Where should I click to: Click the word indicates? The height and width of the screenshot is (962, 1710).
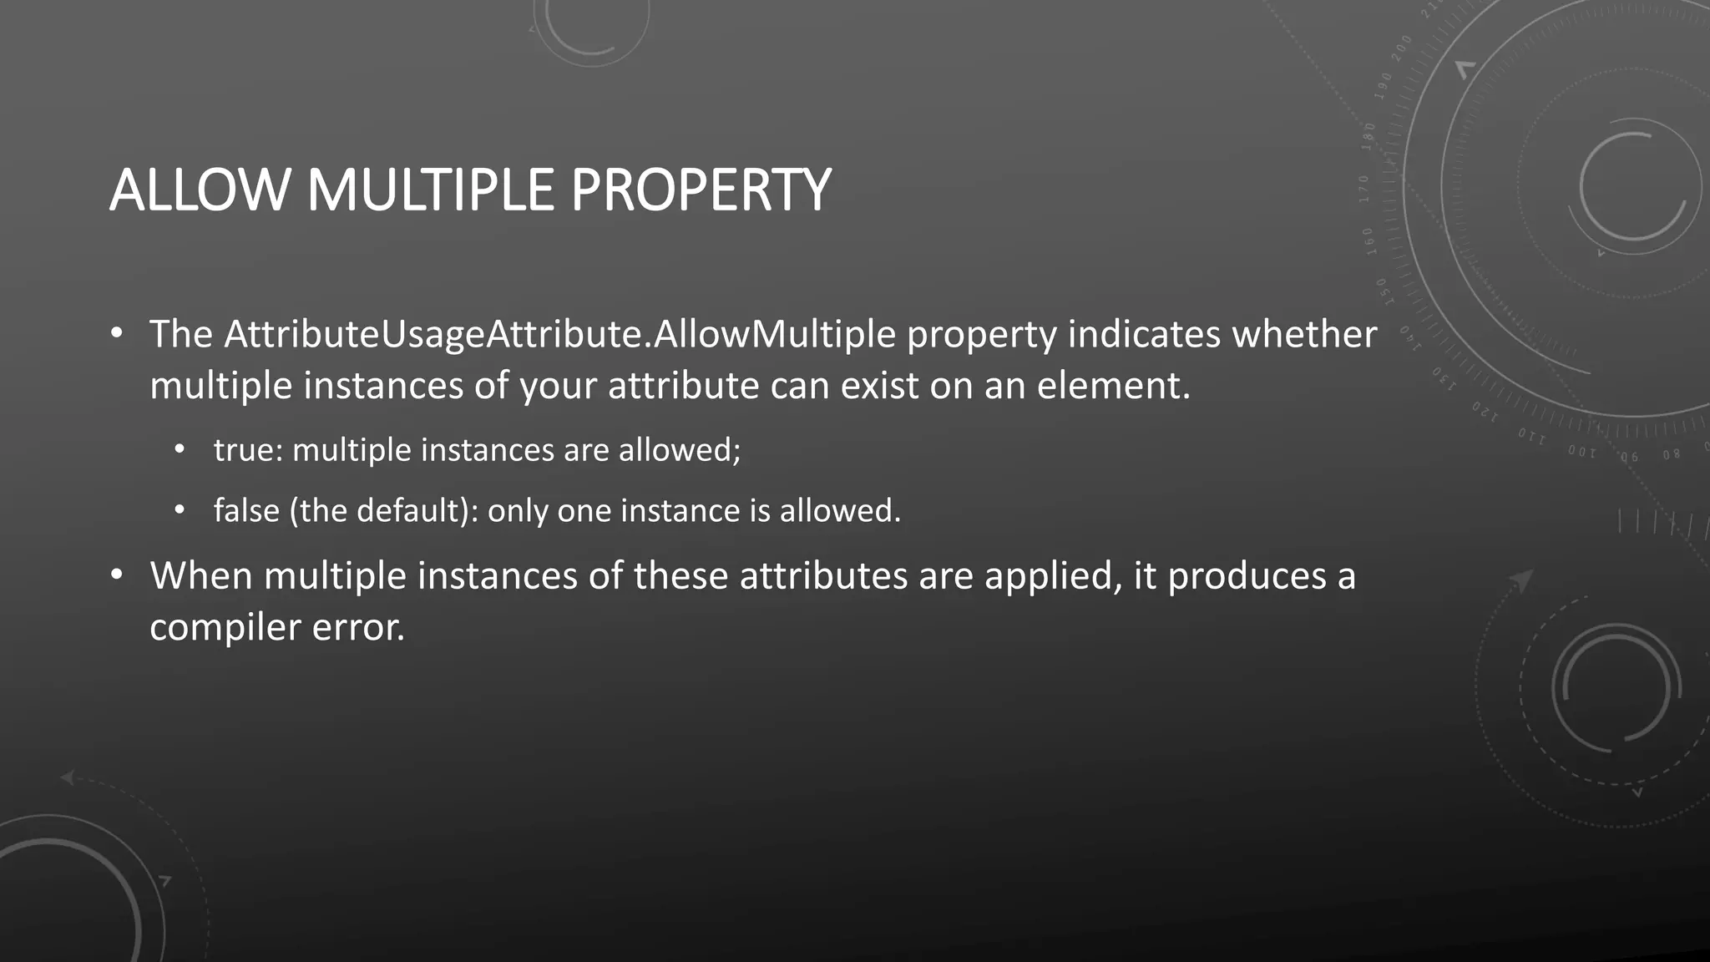(1145, 334)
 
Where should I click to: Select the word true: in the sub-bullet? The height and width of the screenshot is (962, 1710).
(249, 450)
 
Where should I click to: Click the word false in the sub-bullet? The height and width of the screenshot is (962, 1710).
(246, 511)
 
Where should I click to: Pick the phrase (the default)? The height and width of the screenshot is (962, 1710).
(383, 511)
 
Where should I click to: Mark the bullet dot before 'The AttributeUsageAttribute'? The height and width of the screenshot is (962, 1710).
(117, 335)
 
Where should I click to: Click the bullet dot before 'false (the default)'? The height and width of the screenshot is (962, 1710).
(180, 511)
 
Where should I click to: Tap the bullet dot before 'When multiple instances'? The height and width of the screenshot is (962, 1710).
(117, 576)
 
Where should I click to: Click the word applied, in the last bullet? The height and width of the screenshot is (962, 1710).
(1054, 576)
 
